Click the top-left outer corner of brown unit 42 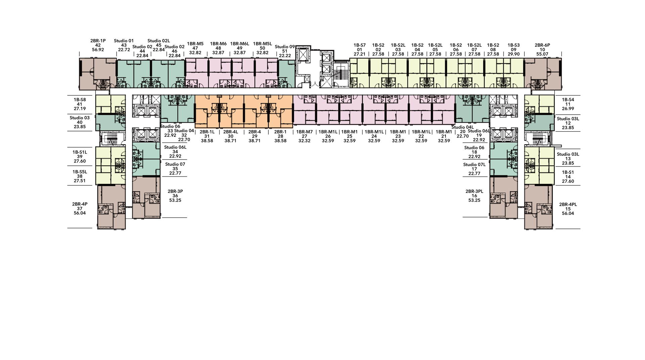pos(79,58)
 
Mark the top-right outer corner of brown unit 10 pos(561,58)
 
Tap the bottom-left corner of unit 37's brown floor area pos(98,229)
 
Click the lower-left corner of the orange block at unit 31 pos(195,128)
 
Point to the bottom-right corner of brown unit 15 pos(553,229)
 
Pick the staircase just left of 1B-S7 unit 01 pos(341,74)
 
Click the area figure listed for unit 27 pos(304,141)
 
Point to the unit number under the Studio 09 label pos(285,51)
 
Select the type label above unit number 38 pos(80,172)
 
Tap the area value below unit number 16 pos(474,200)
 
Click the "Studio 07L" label pos(474,165)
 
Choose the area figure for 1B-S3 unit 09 pos(514,54)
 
